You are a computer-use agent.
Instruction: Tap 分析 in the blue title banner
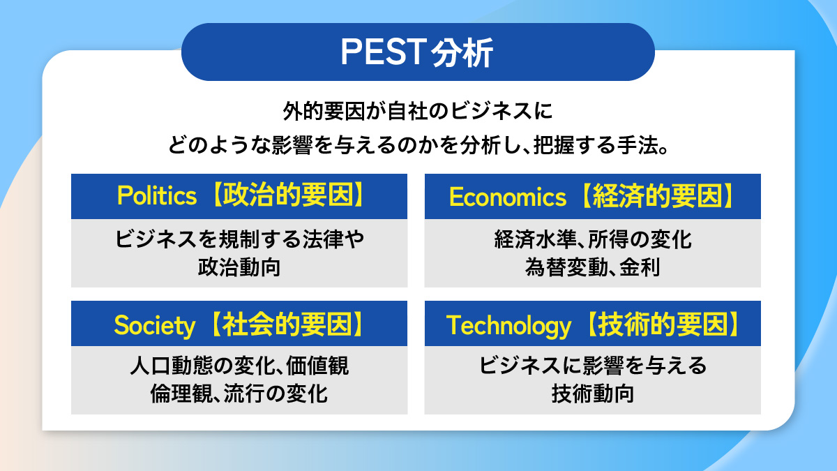(462, 53)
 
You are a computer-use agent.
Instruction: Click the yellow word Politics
(156, 195)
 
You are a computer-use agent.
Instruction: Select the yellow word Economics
(508, 197)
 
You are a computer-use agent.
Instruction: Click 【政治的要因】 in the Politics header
(287, 195)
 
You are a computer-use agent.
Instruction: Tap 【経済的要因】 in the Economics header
(657, 196)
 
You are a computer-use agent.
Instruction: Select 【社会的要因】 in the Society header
(287, 324)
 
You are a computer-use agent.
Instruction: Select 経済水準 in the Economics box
(535, 239)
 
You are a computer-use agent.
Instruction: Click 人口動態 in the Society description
(172, 366)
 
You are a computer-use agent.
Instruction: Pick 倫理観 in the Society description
(181, 394)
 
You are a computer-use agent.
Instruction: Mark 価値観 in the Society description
(317, 366)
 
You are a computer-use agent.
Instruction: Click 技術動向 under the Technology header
(593, 394)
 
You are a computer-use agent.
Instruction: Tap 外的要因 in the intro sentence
(324, 112)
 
